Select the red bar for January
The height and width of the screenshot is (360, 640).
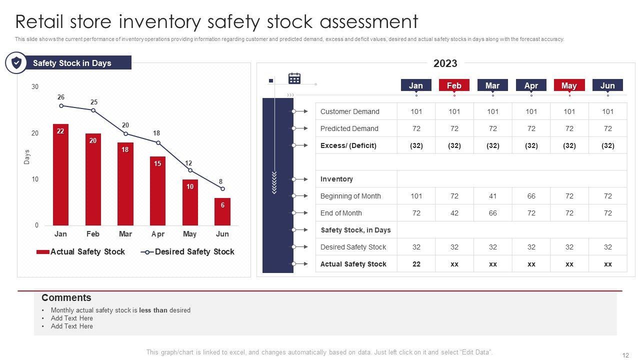60,175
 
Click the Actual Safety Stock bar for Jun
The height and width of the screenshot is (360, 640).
222,212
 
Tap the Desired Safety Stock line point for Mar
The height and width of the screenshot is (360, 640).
125,133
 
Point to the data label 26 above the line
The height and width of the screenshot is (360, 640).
61,97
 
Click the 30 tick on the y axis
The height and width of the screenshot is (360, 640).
35,87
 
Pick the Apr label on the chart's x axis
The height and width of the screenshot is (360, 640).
157,234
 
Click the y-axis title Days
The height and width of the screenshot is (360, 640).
27,157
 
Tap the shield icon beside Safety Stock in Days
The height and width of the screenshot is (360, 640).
16,63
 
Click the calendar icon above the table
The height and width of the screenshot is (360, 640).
294,78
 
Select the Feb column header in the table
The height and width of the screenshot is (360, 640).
454,85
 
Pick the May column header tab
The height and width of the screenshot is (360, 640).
569,85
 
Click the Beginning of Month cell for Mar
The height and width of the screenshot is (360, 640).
493,196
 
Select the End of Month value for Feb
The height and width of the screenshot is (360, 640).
454,213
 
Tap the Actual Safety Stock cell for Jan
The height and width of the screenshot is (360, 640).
416,264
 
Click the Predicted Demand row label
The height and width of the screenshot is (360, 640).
349,128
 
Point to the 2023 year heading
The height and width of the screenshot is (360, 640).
445,63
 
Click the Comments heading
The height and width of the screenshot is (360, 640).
66,298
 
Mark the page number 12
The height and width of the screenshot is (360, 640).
625,355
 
